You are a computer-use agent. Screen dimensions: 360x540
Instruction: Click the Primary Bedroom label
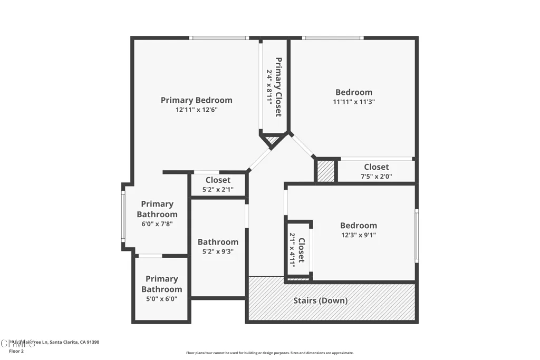196,100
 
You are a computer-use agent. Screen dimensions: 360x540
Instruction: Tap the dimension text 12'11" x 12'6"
196,110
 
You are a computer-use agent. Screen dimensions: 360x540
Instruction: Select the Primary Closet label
278,86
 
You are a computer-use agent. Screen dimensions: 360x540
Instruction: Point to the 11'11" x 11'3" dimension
353,102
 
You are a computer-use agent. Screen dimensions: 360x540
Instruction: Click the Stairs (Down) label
320,301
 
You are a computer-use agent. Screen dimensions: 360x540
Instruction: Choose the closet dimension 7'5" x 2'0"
376,177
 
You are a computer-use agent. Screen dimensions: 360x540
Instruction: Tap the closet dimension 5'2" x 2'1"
218,190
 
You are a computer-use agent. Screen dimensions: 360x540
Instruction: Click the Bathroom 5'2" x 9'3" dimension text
218,252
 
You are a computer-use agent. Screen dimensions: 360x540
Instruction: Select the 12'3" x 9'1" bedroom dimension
358,236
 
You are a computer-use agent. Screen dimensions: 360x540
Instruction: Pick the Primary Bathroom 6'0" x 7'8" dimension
157,224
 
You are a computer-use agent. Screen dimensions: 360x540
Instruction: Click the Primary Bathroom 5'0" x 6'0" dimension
161,299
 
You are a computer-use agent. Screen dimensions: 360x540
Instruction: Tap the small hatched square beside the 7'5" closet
326,171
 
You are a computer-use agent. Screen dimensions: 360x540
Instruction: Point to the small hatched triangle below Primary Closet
272,140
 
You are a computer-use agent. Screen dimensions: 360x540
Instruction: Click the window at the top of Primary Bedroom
219,38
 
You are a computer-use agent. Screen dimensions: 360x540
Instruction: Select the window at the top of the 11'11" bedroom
332,38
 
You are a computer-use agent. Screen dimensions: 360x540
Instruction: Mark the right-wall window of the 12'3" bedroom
416,236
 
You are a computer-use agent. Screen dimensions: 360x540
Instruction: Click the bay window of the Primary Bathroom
123,216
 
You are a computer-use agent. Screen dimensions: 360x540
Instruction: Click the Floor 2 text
16,351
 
